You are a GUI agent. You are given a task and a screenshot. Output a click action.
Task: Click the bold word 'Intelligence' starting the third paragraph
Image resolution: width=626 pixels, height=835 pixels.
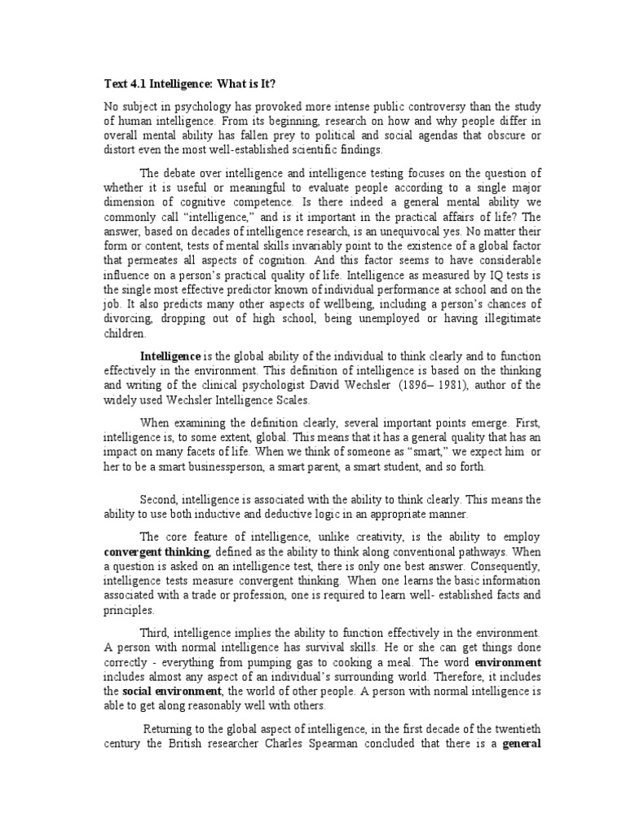(x=170, y=356)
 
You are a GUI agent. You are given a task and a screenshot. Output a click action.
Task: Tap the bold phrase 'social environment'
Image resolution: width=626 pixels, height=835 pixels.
(x=158, y=691)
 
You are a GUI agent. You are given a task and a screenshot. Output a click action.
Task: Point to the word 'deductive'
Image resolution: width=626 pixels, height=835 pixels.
(x=262, y=515)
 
